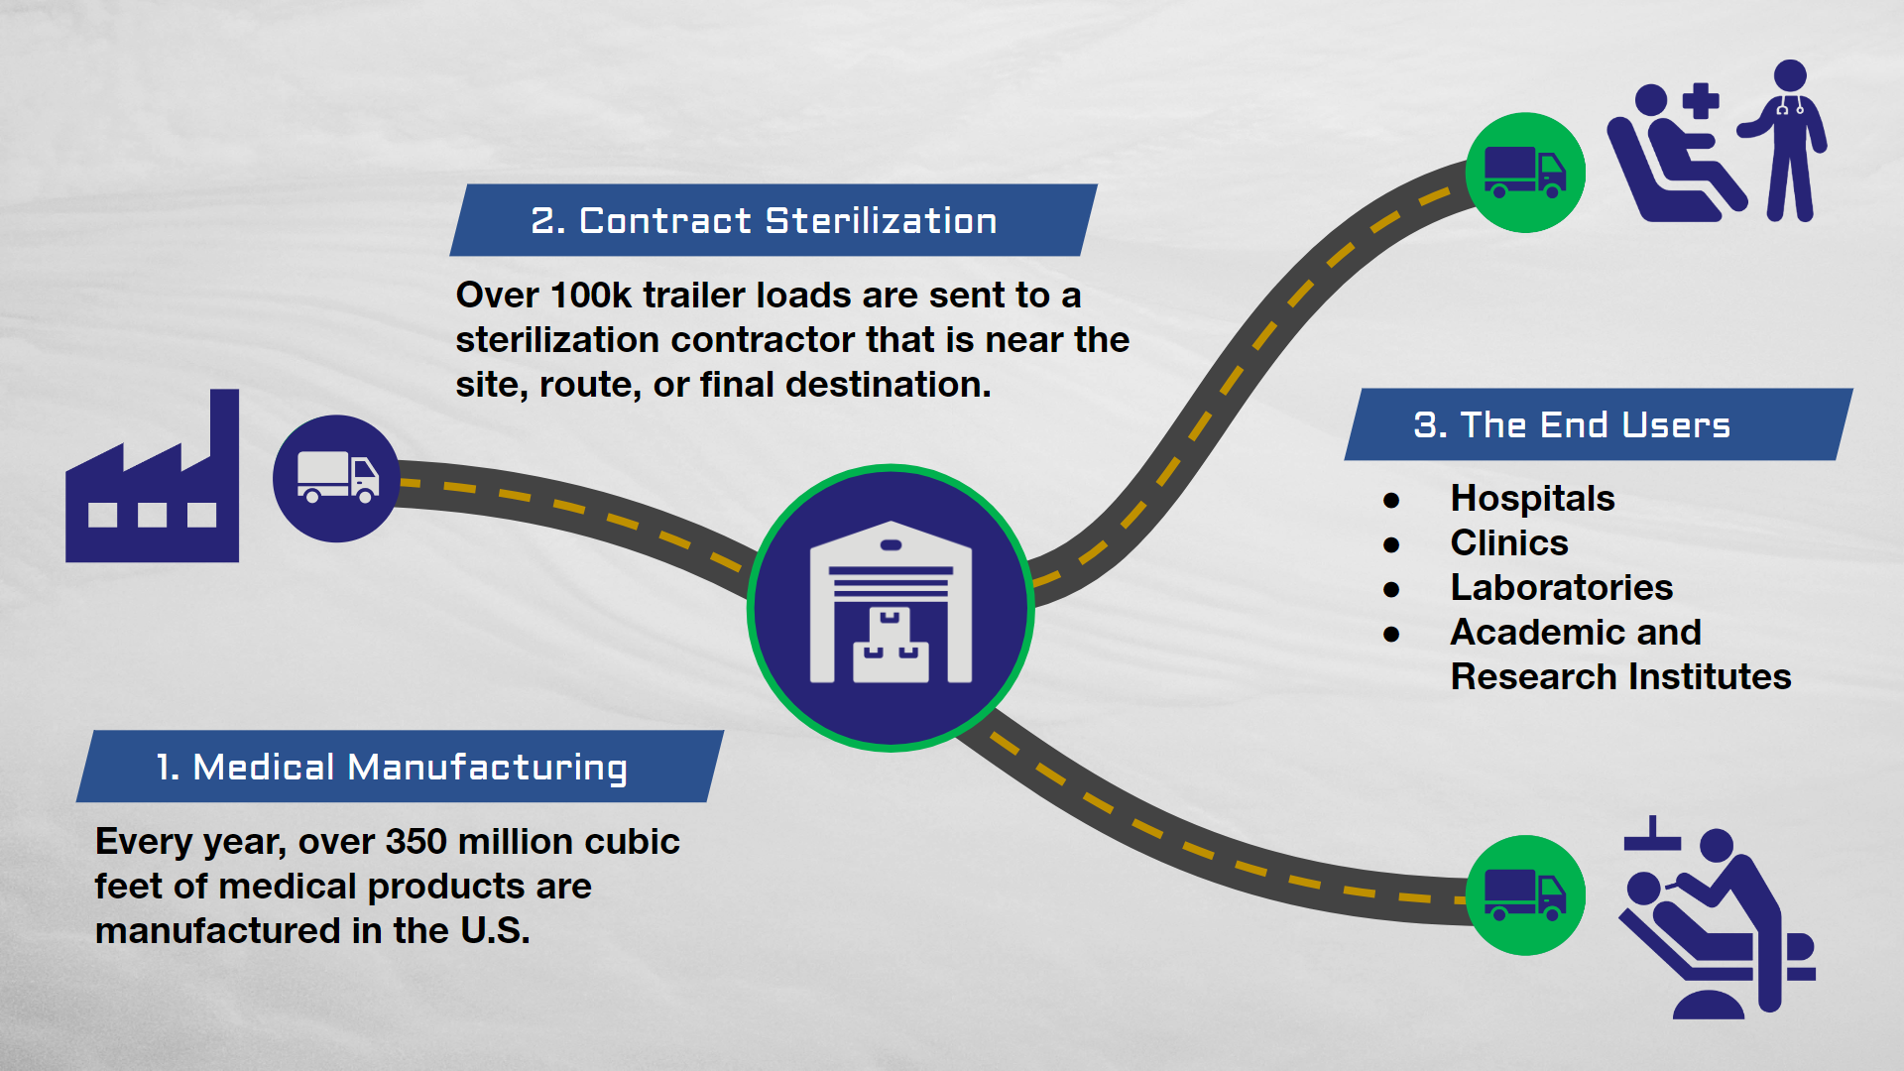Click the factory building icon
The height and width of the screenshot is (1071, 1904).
point(152,476)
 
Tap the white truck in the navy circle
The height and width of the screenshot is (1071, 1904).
point(337,478)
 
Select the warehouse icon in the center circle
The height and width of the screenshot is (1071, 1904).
point(891,603)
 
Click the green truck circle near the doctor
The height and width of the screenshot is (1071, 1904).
point(1525,173)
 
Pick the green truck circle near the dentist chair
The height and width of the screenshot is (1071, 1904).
point(1525,895)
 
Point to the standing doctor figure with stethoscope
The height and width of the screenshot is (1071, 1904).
point(1785,141)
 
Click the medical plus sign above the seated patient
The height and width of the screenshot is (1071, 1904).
point(1701,101)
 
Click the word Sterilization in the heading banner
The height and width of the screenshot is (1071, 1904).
point(882,221)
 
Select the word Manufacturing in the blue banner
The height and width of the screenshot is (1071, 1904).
point(487,768)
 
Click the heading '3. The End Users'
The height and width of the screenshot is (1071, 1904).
point(1572,424)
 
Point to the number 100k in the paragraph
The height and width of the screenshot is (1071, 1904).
point(591,295)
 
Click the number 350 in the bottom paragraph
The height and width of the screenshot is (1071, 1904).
point(416,841)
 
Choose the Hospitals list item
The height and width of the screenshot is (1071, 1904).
point(1532,498)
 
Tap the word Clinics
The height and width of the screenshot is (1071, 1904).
point(1509,542)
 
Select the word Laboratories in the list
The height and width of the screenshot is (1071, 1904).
point(1562,587)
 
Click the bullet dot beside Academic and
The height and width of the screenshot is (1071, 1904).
point(1391,635)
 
